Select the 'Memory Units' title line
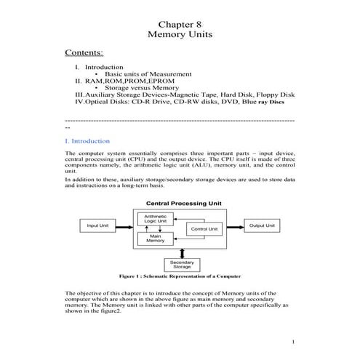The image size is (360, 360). [x=180, y=34]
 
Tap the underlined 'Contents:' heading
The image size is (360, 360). [x=84, y=53]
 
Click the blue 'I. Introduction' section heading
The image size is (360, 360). [x=87, y=140]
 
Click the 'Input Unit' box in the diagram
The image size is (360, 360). [x=98, y=226]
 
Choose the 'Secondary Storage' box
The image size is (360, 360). [x=181, y=264]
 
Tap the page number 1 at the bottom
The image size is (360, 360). [x=292, y=342]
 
